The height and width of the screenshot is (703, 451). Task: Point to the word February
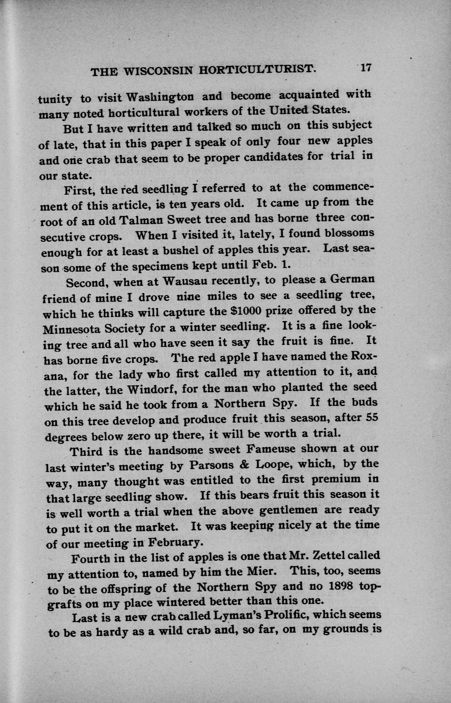coord(175,542)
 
